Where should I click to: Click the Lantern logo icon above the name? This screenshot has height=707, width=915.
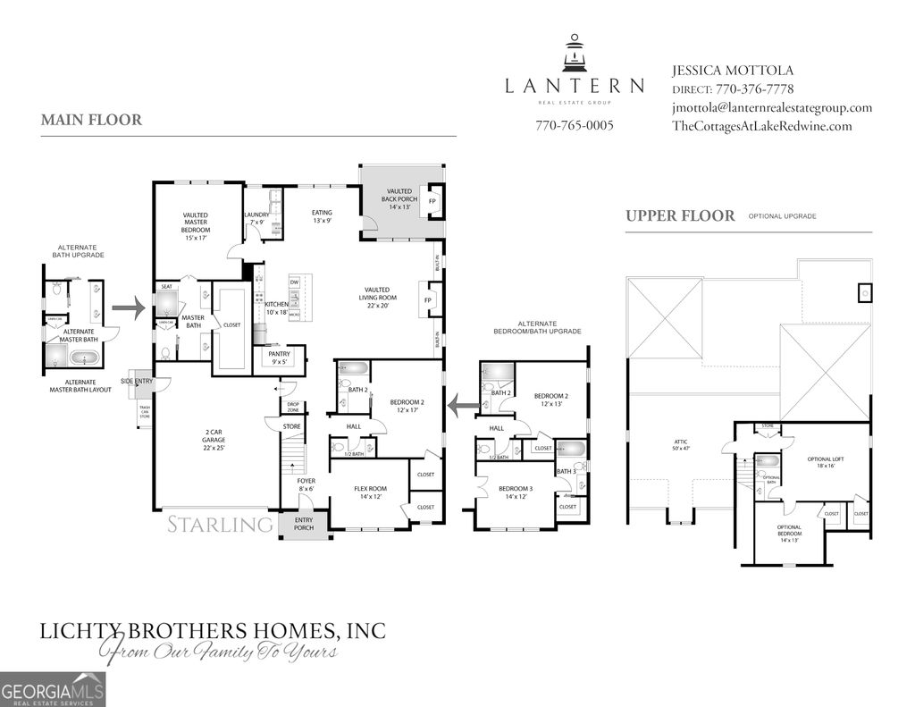point(574,54)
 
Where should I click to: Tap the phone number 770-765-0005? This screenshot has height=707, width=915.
point(575,126)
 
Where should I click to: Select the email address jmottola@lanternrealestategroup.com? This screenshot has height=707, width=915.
point(772,107)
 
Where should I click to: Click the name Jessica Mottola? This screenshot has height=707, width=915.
point(732,70)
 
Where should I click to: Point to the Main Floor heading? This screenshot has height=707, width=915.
point(91,120)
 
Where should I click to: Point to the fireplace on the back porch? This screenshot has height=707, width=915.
point(433,201)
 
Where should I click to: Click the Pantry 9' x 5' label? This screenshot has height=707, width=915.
point(279,358)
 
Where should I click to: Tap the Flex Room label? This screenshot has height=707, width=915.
point(371,492)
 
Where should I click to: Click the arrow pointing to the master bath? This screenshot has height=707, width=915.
point(128,310)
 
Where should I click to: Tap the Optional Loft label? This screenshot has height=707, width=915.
point(826,462)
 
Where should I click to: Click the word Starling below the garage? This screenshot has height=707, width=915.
point(220,524)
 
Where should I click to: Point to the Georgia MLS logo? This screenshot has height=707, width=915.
point(53,689)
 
